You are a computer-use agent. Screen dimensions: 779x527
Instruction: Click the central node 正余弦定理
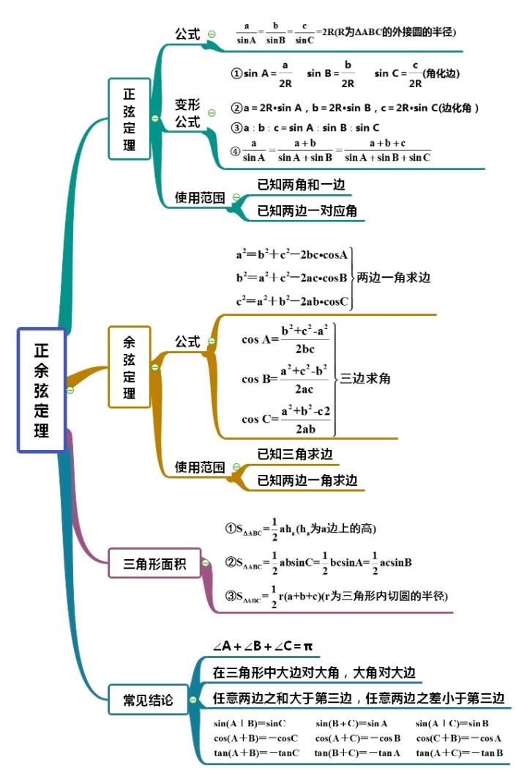(x=41, y=390)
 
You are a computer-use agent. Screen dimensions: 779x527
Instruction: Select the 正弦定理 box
(x=130, y=119)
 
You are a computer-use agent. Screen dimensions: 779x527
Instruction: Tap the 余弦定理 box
(x=130, y=367)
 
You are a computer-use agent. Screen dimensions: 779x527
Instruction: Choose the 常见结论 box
(x=149, y=701)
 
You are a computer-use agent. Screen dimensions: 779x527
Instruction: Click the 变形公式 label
(x=187, y=114)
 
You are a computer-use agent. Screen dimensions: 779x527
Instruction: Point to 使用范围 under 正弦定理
(x=199, y=198)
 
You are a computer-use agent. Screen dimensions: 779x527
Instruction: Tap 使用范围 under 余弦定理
(x=199, y=467)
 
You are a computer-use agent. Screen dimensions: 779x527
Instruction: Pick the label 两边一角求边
(x=393, y=278)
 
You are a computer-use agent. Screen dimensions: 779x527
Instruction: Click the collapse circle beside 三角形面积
(x=208, y=564)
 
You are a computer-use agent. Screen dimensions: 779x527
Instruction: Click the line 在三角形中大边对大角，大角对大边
(x=317, y=672)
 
